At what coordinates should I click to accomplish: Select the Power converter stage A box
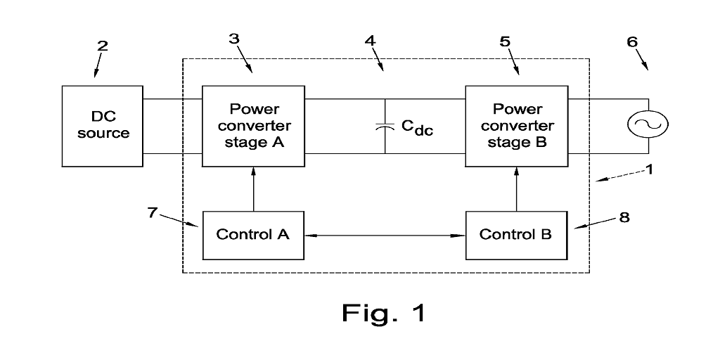[253, 125]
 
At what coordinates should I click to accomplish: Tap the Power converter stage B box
[517, 125]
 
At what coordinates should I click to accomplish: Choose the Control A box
[253, 234]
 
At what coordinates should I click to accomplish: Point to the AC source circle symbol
[648, 125]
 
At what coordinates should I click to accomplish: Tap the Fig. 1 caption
[384, 312]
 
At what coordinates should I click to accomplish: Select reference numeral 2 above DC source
[103, 46]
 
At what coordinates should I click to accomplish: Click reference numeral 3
[234, 39]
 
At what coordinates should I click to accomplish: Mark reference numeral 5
[505, 41]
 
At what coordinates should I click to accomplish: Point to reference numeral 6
[632, 41]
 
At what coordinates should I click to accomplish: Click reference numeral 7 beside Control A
[153, 211]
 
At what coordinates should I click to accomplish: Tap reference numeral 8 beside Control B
[624, 217]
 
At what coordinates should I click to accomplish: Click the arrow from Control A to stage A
[253, 188]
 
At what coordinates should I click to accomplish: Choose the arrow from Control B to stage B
[517, 188]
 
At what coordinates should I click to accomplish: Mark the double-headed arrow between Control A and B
[385, 235]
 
